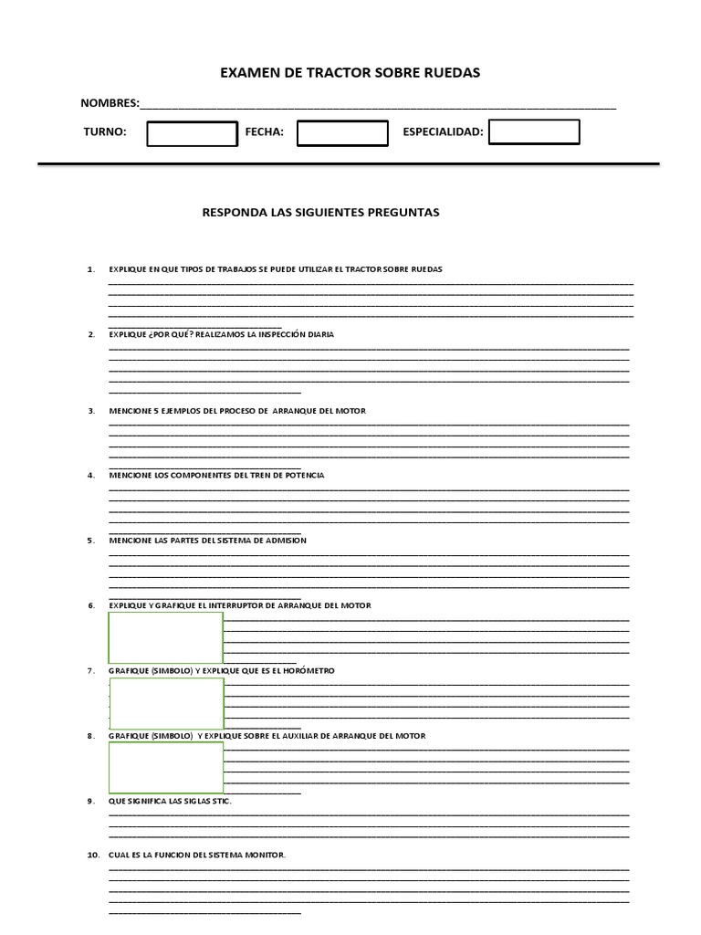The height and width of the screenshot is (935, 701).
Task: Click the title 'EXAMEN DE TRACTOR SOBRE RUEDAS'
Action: tap(350, 72)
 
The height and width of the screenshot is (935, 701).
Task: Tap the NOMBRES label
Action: tap(110, 103)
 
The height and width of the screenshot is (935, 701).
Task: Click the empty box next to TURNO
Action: tap(192, 133)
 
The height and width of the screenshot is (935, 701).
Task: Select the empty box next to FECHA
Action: tap(342, 133)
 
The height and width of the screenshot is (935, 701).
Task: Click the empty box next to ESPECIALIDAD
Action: tap(534, 131)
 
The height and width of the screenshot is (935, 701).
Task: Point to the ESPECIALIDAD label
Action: tap(443, 132)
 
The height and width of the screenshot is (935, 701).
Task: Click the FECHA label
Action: tap(265, 132)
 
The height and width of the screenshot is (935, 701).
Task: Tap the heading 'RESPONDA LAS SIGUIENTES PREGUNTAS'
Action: tap(320, 212)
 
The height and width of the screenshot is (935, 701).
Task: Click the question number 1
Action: tap(90, 269)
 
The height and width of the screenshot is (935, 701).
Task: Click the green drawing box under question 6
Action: tap(165, 637)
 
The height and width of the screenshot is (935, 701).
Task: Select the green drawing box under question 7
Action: tap(165, 703)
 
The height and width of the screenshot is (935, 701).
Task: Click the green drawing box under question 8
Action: tap(165, 768)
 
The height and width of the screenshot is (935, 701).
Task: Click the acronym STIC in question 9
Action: tap(220, 801)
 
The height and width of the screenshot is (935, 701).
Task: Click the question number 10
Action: tap(92, 856)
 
